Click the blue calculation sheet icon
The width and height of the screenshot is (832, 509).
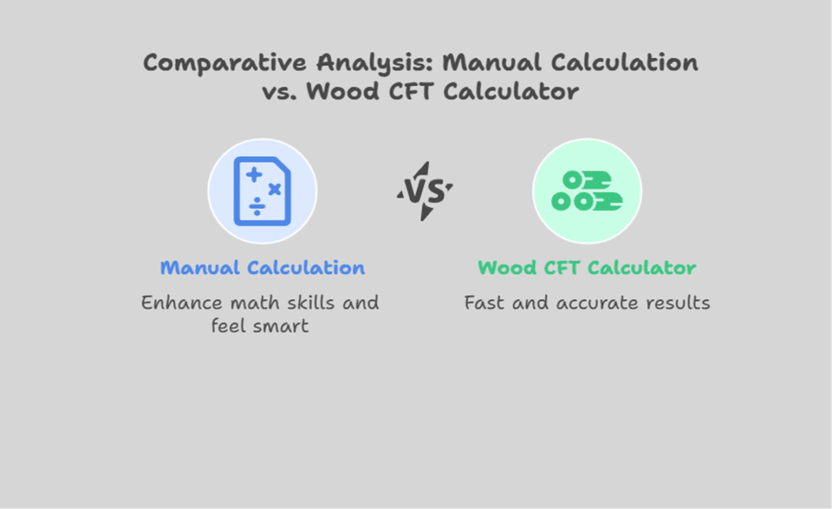click(x=262, y=191)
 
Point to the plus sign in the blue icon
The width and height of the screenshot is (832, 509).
click(x=254, y=175)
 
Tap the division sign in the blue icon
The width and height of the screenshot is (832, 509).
click(x=256, y=207)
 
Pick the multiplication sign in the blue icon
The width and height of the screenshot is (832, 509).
click(x=275, y=189)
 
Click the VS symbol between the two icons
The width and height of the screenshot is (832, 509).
click(x=424, y=191)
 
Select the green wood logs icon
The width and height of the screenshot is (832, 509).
click(x=587, y=191)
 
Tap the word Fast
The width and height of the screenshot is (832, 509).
click(x=483, y=302)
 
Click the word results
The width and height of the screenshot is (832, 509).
click(x=676, y=302)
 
